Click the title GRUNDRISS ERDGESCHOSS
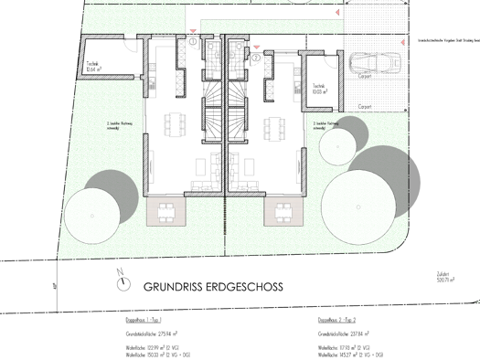pos(212,286)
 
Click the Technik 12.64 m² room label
pos(97,65)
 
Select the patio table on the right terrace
pos(281,213)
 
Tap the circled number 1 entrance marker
pos(194,43)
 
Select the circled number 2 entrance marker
pos(257,57)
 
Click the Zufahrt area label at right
pos(445,280)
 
